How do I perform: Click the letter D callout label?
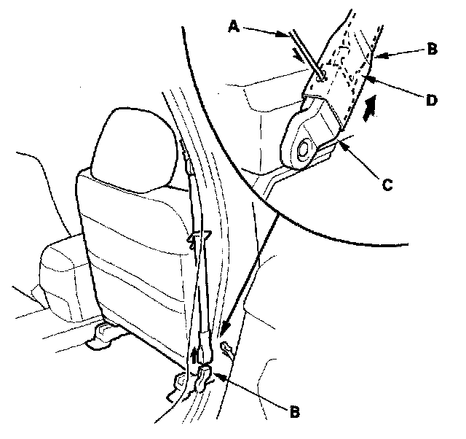coord(431,100)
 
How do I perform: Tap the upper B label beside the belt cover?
coord(432,51)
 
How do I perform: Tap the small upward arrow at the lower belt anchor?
coord(194,357)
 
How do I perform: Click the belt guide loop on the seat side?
coord(198,238)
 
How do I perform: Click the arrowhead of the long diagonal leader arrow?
coord(223,334)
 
